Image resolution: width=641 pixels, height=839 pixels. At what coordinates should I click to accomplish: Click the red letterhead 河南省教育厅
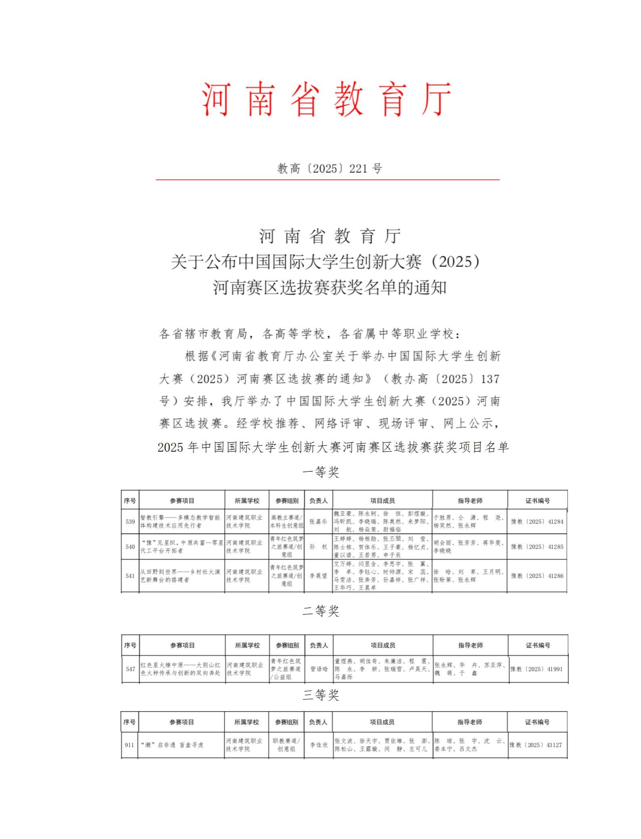click(327, 99)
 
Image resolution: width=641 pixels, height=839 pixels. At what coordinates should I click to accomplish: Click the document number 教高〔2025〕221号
click(329, 168)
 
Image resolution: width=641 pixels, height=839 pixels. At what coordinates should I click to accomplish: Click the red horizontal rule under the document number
click(327, 180)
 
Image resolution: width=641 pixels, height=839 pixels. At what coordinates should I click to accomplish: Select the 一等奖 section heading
click(321, 472)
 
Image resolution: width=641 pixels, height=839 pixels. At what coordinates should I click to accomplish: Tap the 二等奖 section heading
click(321, 611)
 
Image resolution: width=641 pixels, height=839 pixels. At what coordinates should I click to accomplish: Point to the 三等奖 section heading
click(321, 695)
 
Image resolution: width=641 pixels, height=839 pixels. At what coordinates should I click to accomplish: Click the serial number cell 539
click(130, 521)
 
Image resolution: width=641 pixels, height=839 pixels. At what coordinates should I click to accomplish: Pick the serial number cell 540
click(130, 547)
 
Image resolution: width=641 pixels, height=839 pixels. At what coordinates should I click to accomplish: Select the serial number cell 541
click(130, 576)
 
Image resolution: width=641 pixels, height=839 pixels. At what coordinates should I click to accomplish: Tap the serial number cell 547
click(131, 669)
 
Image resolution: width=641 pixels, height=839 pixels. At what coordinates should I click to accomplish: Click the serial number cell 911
click(129, 745)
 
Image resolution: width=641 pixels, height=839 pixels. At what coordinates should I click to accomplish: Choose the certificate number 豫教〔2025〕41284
click(537, 521)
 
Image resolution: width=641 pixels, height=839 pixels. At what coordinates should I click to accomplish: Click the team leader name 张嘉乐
click(318, 521)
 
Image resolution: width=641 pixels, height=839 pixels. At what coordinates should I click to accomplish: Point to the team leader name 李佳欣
click(318, 745)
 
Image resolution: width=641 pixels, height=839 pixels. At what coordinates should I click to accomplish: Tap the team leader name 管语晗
click(319, 669)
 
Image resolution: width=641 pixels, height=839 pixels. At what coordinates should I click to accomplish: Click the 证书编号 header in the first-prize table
click(538, 501)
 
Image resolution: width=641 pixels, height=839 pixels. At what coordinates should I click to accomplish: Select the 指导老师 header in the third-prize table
click(470, 722)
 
